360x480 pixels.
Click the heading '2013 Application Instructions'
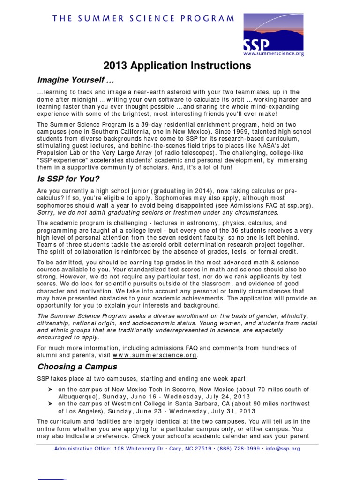180,66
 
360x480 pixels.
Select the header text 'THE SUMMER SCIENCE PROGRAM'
143,19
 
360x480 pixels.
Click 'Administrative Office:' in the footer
82,449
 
